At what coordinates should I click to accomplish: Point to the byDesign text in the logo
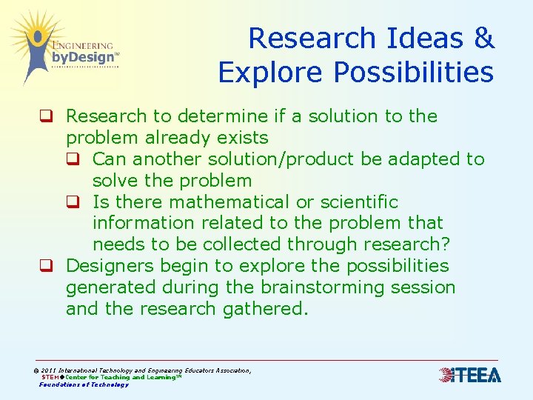83,57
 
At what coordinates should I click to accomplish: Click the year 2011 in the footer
49,370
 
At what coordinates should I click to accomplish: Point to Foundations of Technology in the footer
84,384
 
